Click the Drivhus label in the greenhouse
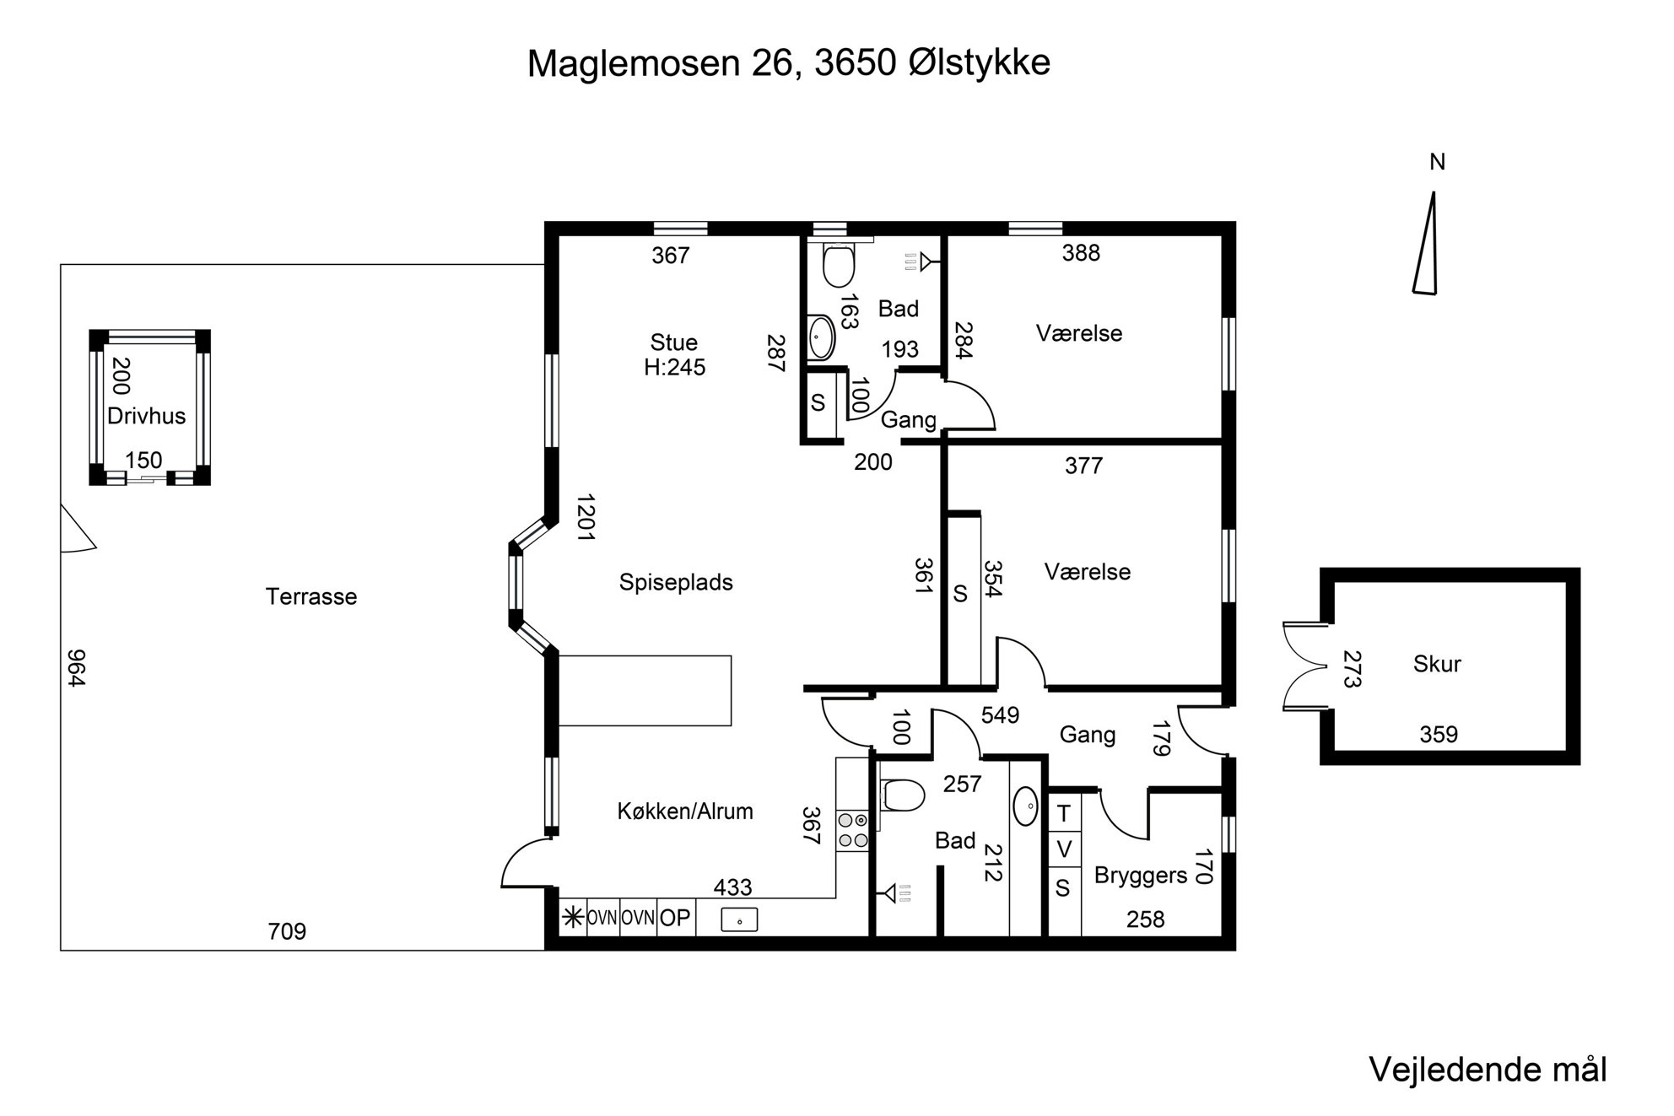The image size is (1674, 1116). point(146,416)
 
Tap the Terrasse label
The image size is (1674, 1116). point(311,596)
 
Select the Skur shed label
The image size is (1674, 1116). point(1437,664)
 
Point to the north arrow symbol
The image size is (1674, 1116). point(1426,243)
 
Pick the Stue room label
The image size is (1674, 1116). point(674,342)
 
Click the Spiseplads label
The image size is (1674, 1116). point(676,583)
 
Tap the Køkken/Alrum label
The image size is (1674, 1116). point(685,811)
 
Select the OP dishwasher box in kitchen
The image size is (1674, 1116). point(675,918)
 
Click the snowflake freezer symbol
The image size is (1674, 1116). point(573,918)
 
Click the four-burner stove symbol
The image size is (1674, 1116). point(852,830)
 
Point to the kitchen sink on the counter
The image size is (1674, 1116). point(739,919)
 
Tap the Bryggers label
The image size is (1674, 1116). point(1141,876)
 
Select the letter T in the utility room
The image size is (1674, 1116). point(1064,814)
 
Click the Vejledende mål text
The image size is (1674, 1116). point(1488,1070)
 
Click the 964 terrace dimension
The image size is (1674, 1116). point(76,668)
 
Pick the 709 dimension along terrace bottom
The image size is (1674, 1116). point(287,931)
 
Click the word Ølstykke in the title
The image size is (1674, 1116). point(980,62)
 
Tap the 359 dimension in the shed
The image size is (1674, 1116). point(1439,735)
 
